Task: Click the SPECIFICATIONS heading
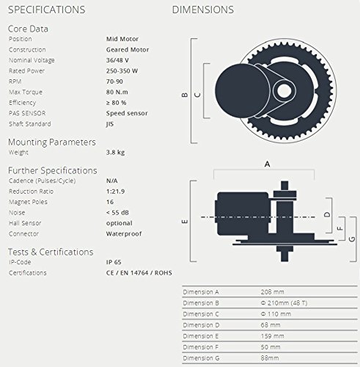point(46,10)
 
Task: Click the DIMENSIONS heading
point(203,10)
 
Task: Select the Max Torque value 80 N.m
point(119,92)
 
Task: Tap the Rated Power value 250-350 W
point(122,70)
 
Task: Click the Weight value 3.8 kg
point(116,153)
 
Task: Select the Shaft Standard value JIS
point(111,125)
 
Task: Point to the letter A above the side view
point(266,164)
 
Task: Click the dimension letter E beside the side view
point(185,220)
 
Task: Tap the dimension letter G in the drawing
point(353,239)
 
